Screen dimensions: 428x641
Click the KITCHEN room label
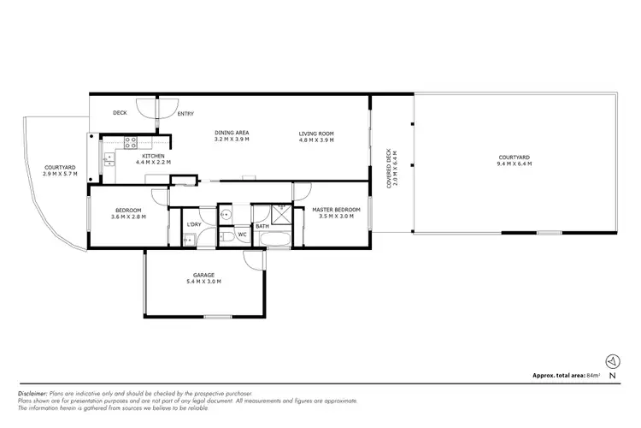tap(154, 155)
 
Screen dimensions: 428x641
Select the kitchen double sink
tap(108, 157)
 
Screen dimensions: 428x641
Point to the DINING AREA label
tap(232, 133)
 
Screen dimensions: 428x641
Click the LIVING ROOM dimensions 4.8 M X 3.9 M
tap(315, 140)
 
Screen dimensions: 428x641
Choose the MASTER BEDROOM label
tap(336, 210)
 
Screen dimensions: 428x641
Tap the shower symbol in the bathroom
tap(281, 214)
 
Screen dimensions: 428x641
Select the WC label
tap(242, 234)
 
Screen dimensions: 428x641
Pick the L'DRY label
tap(194, 224)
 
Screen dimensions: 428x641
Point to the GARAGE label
tap(203, 275)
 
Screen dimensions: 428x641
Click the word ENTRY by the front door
tap(185, 114)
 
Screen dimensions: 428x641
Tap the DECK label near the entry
tap(121, 112)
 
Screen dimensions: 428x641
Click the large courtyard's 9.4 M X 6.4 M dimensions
tap(515, 163)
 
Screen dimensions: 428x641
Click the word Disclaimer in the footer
tap(32, 393)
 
